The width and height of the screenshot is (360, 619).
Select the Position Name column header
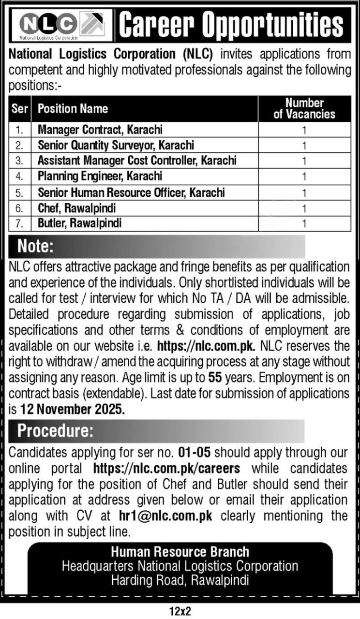tap(73, 109)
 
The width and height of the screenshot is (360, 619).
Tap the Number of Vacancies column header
tap(304, 109)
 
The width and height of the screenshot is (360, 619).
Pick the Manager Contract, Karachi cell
tap(100, 130)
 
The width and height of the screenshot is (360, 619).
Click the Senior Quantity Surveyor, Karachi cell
tap(116, 145)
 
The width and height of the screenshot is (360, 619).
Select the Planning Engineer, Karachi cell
tap(100, 177)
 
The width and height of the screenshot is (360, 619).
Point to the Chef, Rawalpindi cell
tap(77, 208)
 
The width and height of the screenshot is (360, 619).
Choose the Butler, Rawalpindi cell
tap(80, 223)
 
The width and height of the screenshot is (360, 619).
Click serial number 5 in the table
tap(19, 192)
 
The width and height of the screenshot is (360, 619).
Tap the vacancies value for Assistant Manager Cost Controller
tap(304, 161)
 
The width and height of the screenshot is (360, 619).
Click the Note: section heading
tap(35, 247)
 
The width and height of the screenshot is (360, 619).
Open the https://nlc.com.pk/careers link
tap(166, 469)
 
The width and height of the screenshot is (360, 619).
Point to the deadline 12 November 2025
tap(73, 409)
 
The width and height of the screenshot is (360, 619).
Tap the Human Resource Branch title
tap(180, 551)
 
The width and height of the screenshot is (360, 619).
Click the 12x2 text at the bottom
tap(180, 611)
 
